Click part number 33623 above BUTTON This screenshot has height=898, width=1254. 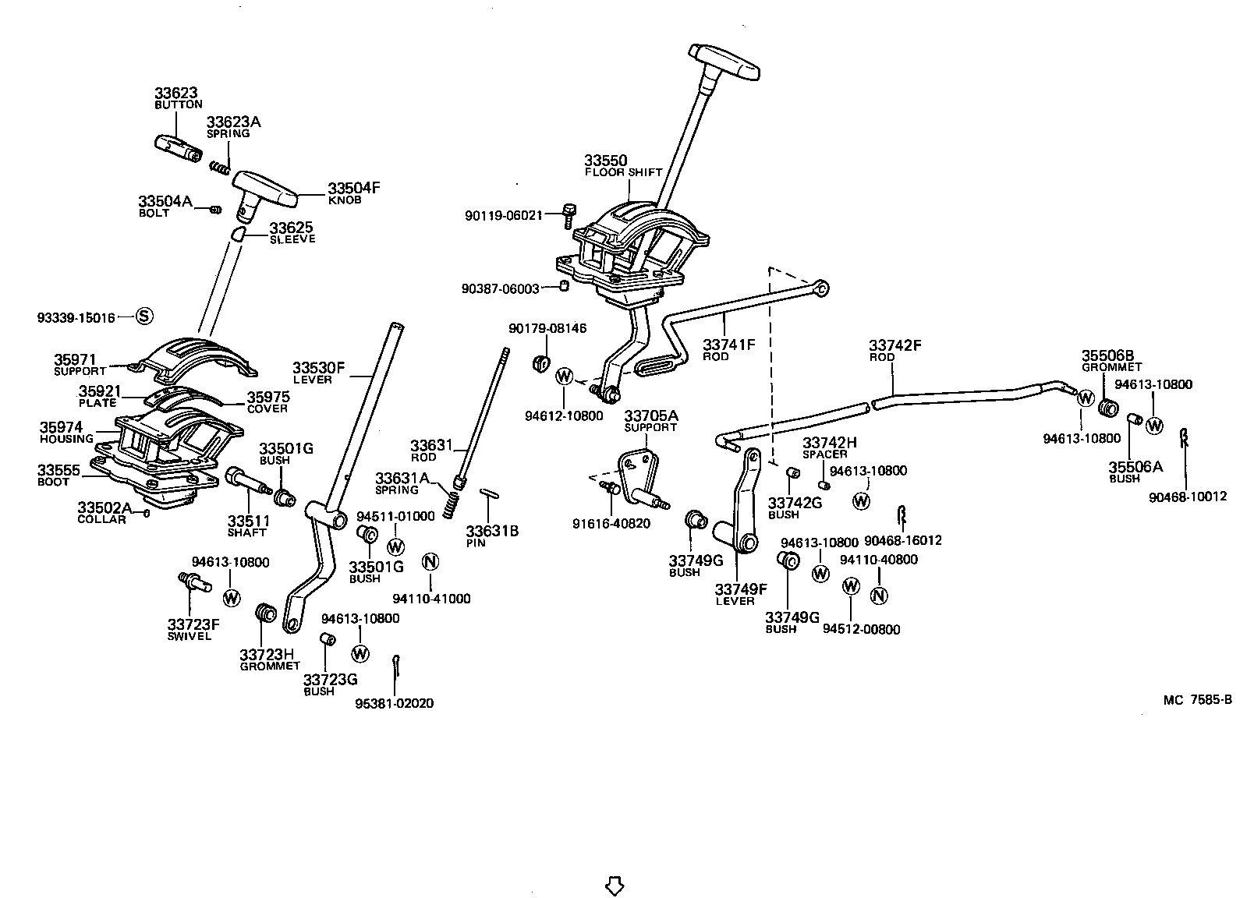coord(175,93)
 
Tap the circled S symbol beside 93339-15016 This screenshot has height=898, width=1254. coord(145,316)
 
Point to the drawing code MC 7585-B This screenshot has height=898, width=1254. coord(1197,699)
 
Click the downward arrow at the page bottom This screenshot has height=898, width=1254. coord(615,885)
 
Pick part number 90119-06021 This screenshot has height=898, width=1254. coord(503,215)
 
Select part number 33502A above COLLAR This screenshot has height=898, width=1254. coord(104,508)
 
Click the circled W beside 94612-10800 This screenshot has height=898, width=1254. coord(565,377)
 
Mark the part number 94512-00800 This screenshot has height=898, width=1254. coord(861,629)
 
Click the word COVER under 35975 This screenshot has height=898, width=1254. coord(267,408)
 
